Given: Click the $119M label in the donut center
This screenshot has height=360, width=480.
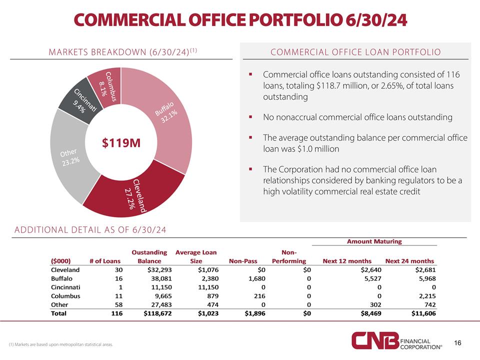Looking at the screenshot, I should point(120,143).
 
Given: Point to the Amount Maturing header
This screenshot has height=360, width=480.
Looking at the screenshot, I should point(374,241).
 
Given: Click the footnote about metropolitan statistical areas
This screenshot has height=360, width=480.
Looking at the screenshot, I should point(60,345).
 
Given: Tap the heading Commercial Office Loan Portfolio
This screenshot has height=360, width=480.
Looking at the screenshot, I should point(355,52).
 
